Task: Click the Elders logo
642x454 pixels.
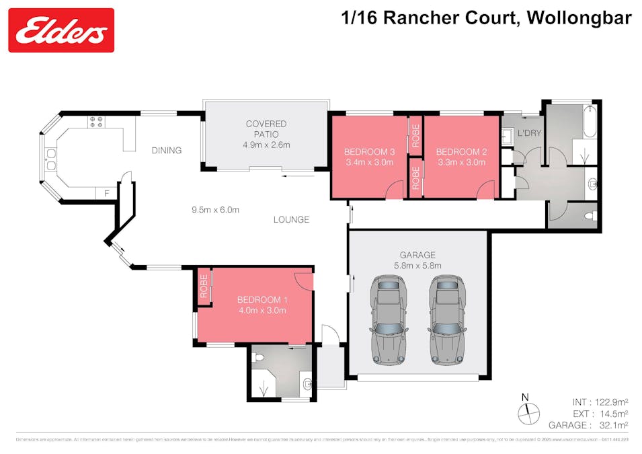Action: (x=61, y=30)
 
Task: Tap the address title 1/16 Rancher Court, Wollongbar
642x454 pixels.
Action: (x=487, y=18)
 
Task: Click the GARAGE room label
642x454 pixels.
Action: (x=417, y=255)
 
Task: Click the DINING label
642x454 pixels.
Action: (x=166, y=150)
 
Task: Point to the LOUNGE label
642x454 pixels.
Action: (x=291, y=219)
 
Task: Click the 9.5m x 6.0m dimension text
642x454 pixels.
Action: (x=216, y=209)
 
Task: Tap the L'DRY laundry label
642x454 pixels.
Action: (x=528, y=133)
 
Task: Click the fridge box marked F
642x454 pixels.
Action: (x=106, y=194)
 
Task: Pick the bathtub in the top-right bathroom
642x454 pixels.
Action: (x=590, y=120)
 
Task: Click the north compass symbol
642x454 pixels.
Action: (x=528, y=410)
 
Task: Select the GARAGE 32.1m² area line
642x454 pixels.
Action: (x=588, y=424)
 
